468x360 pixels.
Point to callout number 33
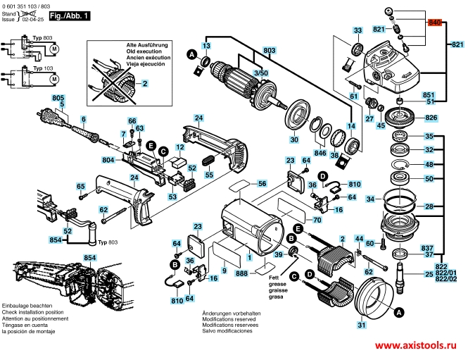(358, 30)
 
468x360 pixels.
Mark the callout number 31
(362, 325)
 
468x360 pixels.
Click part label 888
(242, 272)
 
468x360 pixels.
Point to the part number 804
(108, 159)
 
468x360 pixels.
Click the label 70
(317, 221)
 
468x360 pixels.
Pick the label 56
(262, 183)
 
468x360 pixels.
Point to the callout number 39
(279, 254)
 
